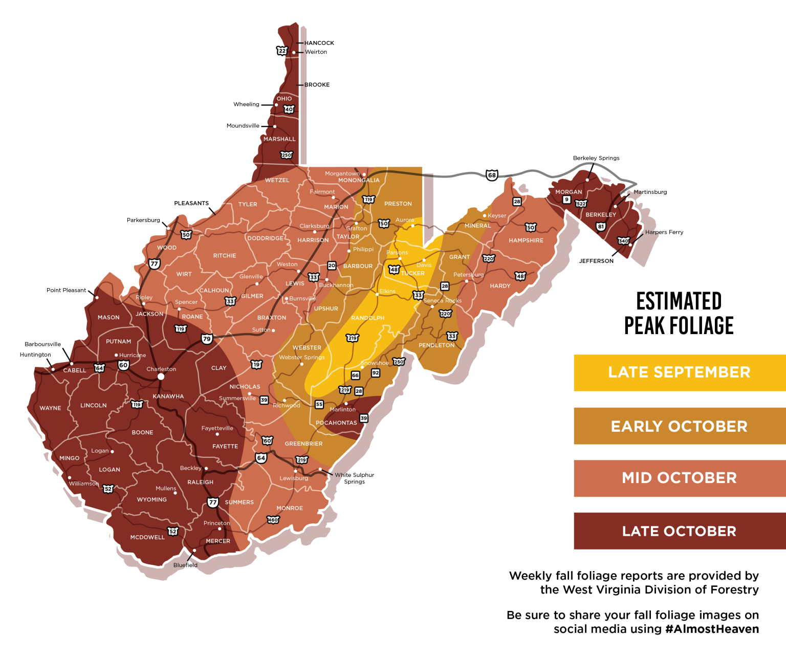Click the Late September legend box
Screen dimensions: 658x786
pos(679,372)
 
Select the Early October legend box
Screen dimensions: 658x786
pos(679,426)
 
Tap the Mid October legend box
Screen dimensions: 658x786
pos(679,478)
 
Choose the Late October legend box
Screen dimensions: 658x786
pos(679,531)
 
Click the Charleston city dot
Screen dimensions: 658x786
pos(161,376)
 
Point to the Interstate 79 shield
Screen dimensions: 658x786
pos(207,339)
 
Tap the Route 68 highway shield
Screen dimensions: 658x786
pos(492,175)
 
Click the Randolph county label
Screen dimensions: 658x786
pos(367,318)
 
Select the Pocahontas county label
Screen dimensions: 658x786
pos(336,423)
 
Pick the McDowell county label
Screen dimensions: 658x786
pos(147,537)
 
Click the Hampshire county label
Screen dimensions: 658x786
pos(526,240)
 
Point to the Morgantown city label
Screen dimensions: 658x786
pos(342,173)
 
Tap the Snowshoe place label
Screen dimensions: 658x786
pos(375,363)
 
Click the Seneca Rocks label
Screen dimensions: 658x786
pos(443,300)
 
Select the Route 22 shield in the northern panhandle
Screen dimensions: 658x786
pos(282,51)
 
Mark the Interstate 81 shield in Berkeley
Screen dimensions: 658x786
pos(601,226)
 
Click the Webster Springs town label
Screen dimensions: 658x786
pos(302,357)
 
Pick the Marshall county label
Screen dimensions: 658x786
pos(279,139)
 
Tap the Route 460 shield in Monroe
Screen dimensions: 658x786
pos(273,520)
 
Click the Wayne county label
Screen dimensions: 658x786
pos(50,408)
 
